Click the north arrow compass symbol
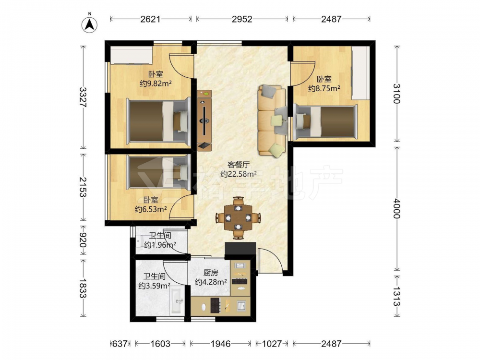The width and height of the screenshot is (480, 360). tap(89, 24)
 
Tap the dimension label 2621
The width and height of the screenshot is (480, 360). tap(150, 19)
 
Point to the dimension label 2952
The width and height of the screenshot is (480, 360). tap(242, 19)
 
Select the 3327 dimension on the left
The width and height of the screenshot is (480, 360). tap(83, 97)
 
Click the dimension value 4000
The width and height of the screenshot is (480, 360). tap(396, 208)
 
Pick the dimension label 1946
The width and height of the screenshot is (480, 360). tap(220, 344)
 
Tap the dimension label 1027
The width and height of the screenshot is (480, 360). tap(272, 344)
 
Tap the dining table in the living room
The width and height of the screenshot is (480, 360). tap(238, 217)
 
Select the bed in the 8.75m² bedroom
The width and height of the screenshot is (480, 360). tap(325, 122)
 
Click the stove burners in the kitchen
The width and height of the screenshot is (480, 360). tap(215, 305)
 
